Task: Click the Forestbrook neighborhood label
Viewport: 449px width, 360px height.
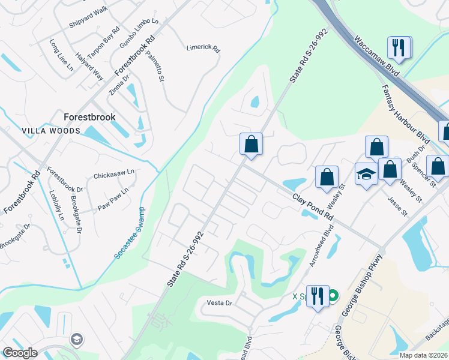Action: pyautogui.click(x=90, y=117)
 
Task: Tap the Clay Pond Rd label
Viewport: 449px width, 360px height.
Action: pyautogui.click(x=313, y=206)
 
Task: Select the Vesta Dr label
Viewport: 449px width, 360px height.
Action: pyautogui.click(x=219, y=303)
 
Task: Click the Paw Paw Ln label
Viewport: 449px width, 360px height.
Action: pyautogui.click(x=113, y=199)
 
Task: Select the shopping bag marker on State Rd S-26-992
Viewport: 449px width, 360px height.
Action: pyautogui.click(x=251, y=144)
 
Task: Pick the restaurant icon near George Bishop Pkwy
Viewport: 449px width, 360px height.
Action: pyautogui.click(x=318, y=296)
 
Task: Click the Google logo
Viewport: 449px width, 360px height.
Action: pyautogui.click(x=20, y=353)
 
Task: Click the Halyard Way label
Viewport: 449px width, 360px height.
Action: pyautogui.click(x=89, y=67)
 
